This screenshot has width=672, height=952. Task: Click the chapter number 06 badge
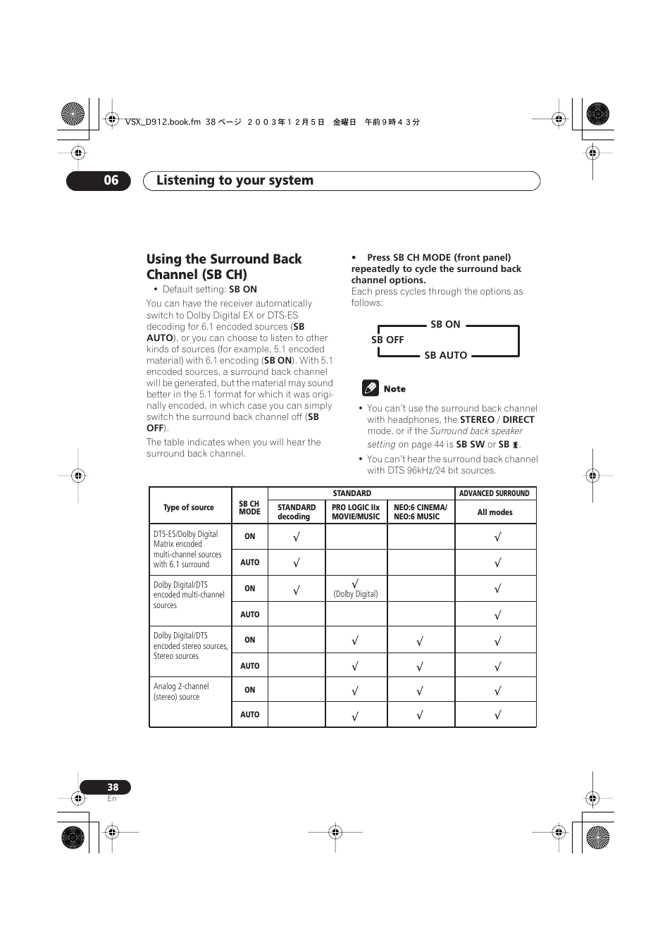[x=99, y=180]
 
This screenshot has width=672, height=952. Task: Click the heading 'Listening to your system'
[x=235, y=180]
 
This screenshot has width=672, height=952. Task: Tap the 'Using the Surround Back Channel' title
[x=223, y=266]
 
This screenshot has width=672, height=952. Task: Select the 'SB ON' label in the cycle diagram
[x=445, y=324]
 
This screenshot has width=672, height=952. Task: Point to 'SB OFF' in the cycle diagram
[x=387, y=340]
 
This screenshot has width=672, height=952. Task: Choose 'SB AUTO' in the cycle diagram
[x=445, y=355]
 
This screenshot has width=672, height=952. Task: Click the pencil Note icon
[x=370, y=388]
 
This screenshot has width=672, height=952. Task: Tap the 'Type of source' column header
[x=188, y=507]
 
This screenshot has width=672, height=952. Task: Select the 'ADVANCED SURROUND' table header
[x=494, y=493]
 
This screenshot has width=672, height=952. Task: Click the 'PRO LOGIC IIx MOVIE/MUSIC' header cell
[x=356, y=512]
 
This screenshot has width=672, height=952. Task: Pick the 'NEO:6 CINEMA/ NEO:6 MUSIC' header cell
[x=420, y=512]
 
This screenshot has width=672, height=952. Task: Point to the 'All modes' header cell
[x=495, y=512]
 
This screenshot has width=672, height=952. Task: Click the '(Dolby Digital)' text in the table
[x=356, y=594]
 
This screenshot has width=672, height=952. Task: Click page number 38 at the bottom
[x=112, y=787]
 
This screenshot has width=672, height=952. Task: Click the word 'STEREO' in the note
[x=477, y=419]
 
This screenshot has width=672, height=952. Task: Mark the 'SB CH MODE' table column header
[x=249, y=507]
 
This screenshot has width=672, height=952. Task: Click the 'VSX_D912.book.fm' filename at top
[x=163, y=122]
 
